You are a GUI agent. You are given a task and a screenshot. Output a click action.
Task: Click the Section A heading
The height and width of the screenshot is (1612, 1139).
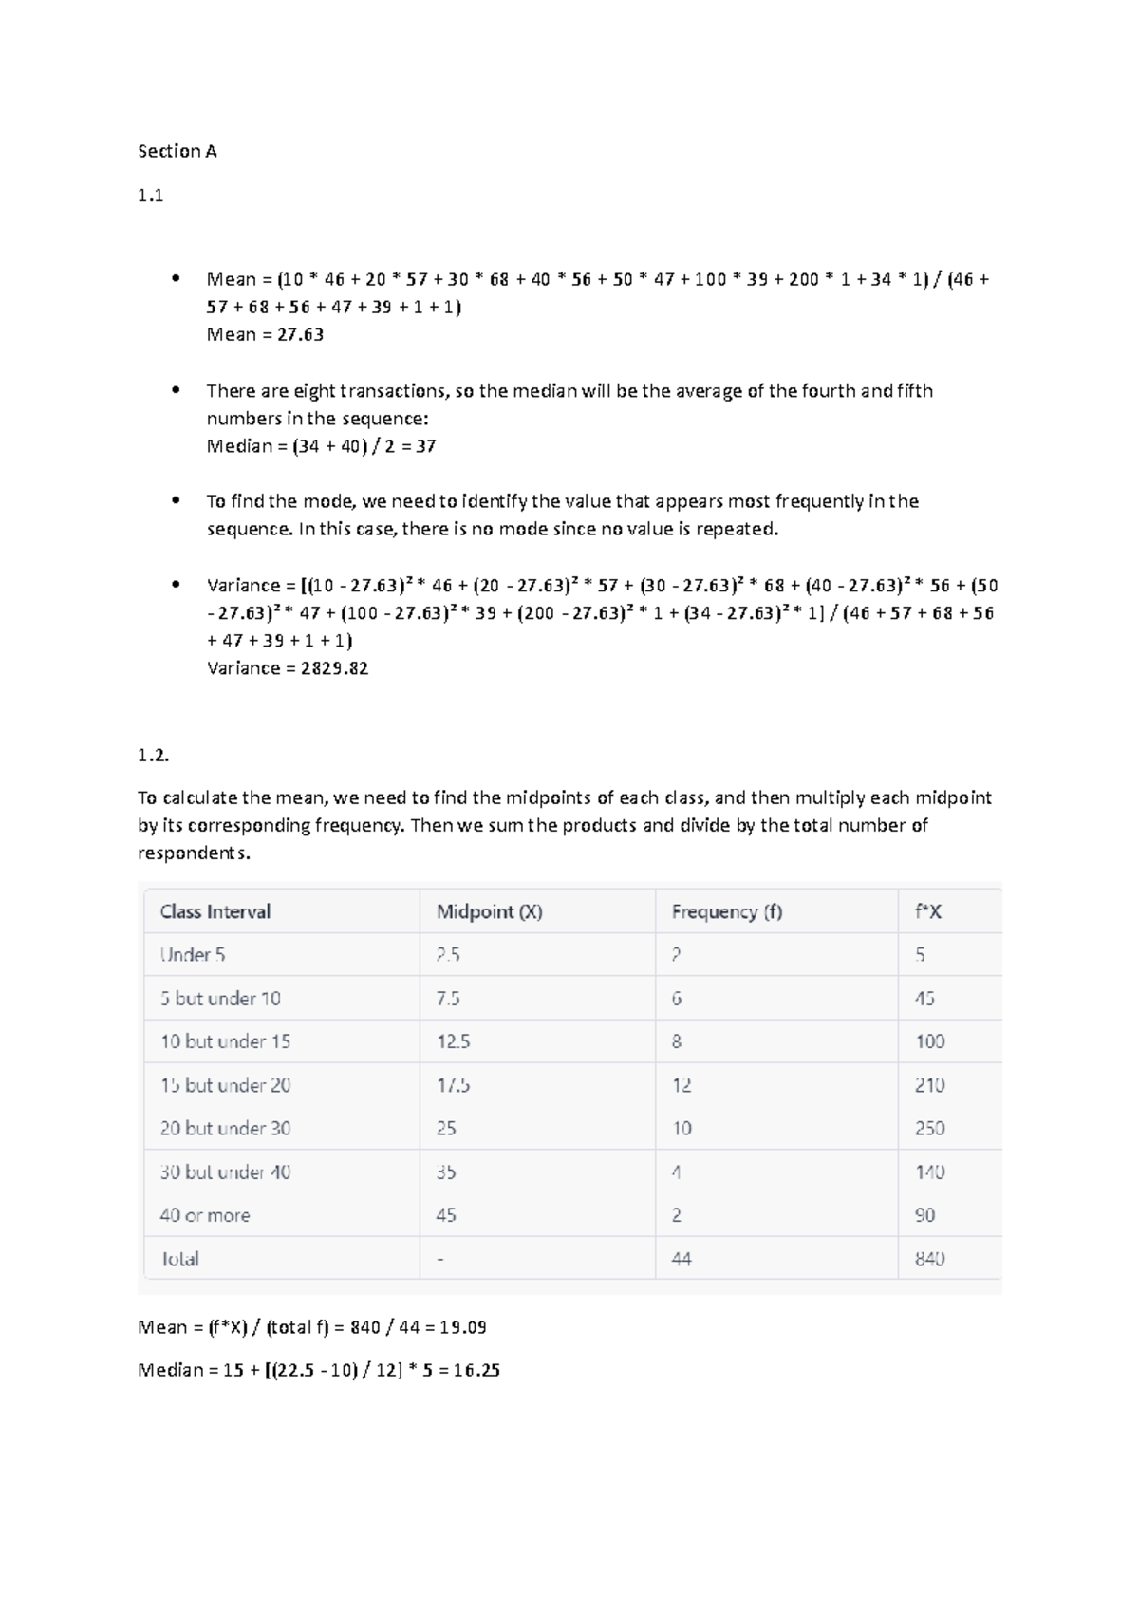pos(177,151)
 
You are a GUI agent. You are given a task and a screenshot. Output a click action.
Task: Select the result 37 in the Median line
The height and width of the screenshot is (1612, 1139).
pos(425,446)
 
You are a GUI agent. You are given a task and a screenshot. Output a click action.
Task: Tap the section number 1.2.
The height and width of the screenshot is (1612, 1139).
pos(154,756)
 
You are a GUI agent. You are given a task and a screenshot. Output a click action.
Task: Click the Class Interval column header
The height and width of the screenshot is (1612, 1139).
pos(215,911)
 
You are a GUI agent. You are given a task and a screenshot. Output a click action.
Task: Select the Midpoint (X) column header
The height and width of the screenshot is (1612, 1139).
pos(489,911)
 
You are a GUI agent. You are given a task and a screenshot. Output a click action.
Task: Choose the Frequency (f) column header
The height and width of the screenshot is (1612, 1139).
pos(726,911)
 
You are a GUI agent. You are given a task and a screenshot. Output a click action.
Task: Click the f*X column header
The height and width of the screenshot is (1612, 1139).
pos(928,911)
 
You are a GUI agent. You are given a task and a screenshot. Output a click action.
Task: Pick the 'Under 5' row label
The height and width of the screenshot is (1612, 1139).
pos(193,955)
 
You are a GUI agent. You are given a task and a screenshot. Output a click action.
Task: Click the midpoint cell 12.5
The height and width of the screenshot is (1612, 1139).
pos(453,1041)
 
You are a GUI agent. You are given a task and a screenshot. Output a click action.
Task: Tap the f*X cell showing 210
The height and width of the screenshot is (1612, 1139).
pos(929,1085)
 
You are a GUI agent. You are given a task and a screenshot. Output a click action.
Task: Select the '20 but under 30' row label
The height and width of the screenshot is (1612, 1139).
pos(225,1128)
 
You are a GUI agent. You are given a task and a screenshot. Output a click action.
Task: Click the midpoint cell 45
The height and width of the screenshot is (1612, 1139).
pos(446,1215)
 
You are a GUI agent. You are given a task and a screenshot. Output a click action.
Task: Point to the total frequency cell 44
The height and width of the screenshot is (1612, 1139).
pos(682,1259)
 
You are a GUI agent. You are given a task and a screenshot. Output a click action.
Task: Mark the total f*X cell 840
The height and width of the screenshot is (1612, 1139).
pos(929,1259)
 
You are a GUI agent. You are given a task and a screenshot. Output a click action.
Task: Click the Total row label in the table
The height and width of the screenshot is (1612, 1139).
pos(179,1259)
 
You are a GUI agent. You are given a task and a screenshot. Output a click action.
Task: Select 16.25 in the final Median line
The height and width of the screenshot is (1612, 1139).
pos(476,1370)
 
